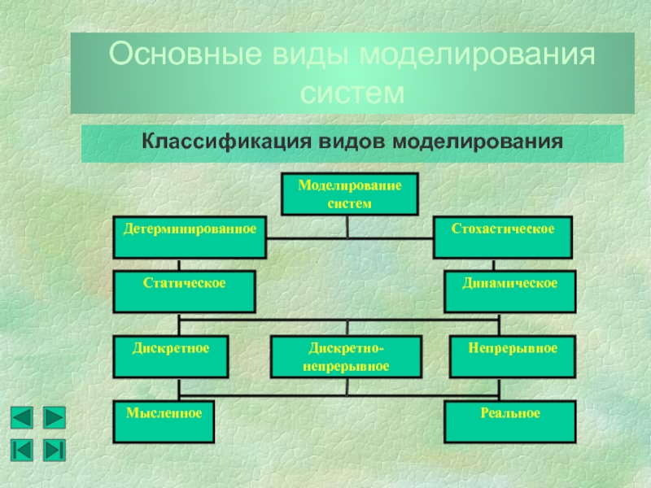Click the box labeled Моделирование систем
tap(349, 194)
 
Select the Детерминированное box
tap(190, 237)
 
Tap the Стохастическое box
tap(503, 237)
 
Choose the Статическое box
tap(184, 292)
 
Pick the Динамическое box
tap(509, 292)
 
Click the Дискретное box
tap(171, 357)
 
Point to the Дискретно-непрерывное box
tap(347, 357)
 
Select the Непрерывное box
tap(512, 357)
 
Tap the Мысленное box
tap(164, 421)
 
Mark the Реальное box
tap(510, 421)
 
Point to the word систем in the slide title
tap(352, 92)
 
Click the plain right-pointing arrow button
tap(54, 418)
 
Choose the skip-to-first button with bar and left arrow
tap(22, 449)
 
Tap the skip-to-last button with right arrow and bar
tap(54, 449)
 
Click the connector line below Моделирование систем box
tap(348, 226)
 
